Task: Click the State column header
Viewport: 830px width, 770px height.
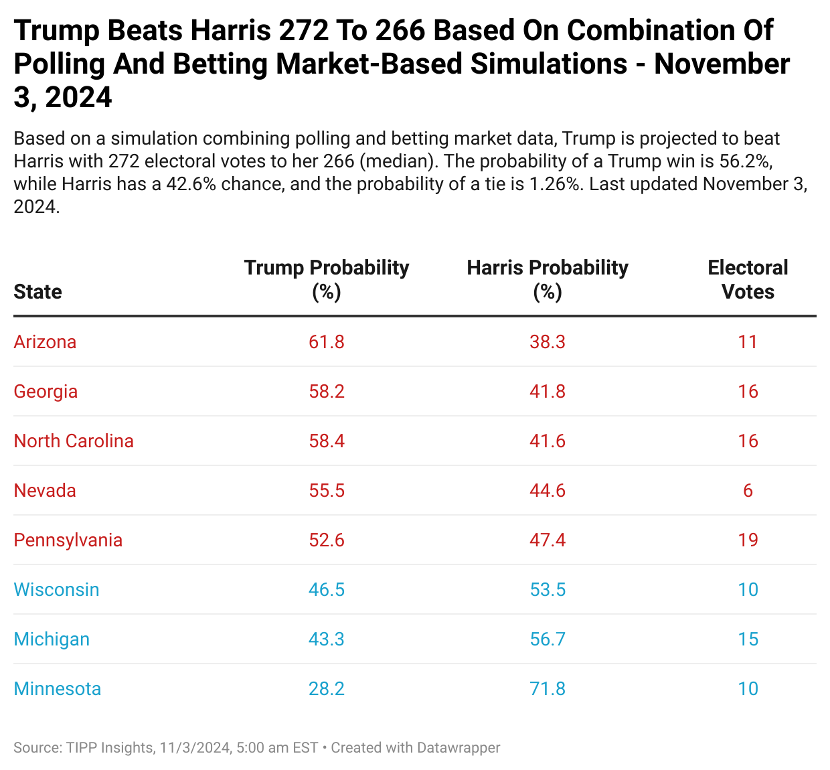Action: [x=37, y=292]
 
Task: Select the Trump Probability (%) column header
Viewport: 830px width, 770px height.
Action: [x=327, y=279]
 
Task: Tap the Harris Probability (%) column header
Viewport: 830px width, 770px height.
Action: [x=548, y=279]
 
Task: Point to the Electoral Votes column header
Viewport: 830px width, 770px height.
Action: [x=748, y=279]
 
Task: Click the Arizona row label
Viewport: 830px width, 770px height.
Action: [x=45, y=342]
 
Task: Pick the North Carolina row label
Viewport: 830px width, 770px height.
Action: [x=74, y=441]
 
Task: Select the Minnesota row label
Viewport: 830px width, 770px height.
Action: [x=58, y=689]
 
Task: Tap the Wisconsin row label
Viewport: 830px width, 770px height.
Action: [x=56, y=590]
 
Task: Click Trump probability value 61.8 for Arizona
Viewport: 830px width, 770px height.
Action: [x=327, y=342]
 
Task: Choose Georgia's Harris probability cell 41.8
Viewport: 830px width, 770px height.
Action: [x=548, y=392]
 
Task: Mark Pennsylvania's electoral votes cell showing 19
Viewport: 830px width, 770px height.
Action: [x=748, y=540]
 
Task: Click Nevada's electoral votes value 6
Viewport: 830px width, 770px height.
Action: [x=748, y=491]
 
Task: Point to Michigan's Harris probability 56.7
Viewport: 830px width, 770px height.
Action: [x=548, y=639]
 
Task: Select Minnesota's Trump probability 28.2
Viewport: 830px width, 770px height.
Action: [x=327, y=689]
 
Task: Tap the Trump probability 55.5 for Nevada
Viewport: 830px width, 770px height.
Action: [x=327, y=491]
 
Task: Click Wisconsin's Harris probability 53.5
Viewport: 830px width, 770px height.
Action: [x=548, y=590]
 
